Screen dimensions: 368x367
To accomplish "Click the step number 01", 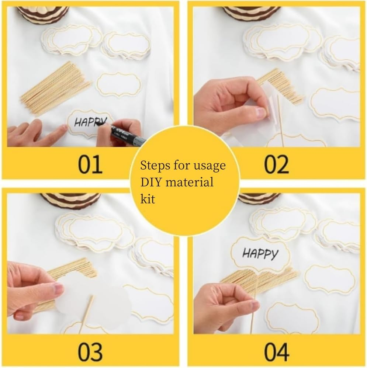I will point(90,164).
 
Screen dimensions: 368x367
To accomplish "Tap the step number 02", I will point(277,164).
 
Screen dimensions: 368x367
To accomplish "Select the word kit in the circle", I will point(148,199).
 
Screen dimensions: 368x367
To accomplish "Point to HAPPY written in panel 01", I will point(90,122).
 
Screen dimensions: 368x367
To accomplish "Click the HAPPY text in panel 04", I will point(260,254).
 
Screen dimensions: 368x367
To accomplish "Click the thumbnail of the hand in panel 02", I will point(261,112).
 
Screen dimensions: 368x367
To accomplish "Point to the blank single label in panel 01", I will point(119,84).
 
